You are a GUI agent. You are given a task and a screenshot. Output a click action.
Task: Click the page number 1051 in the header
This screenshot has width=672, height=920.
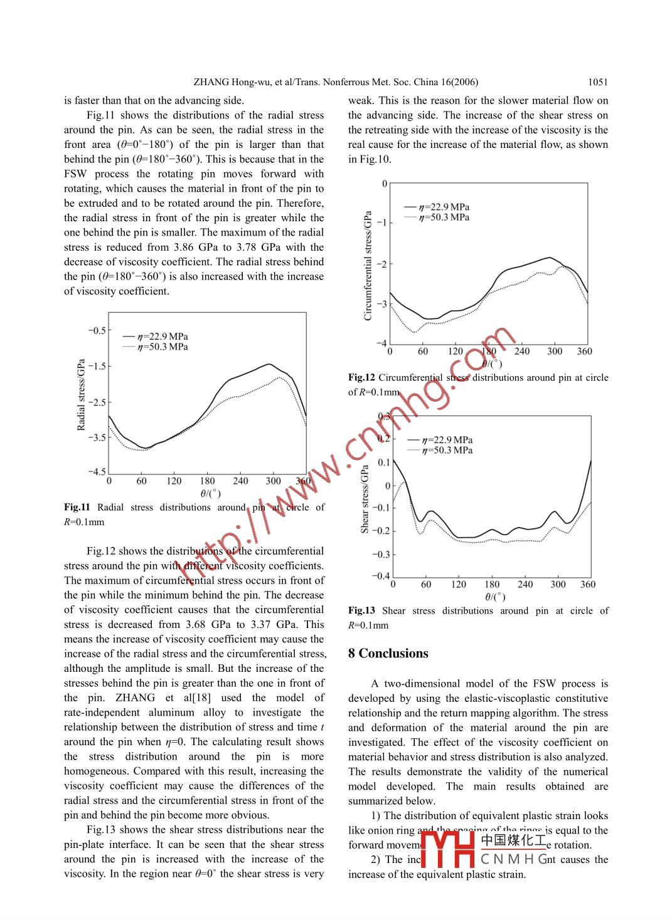pos(597,82)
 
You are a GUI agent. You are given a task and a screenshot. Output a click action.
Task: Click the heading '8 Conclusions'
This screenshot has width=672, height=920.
pos(388,654)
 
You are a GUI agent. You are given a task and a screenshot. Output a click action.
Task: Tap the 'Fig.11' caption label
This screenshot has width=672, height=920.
pos(77,507)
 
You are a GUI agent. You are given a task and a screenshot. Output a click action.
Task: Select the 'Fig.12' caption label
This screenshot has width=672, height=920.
pos(361,377)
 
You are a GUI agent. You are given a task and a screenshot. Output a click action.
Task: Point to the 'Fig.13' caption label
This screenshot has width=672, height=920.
pos(361,610)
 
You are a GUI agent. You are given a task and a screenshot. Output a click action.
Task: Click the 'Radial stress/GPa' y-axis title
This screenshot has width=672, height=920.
pos(81,395)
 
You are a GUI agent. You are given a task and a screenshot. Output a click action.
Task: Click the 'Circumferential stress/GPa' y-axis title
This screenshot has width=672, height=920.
pos(368,266)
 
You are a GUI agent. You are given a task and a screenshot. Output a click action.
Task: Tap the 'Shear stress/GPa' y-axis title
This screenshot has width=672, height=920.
pos(365,499)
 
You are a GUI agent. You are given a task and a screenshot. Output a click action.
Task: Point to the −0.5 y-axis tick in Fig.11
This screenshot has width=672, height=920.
pos(97,330)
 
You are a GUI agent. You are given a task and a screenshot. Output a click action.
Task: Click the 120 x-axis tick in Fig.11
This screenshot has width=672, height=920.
pos(174,481)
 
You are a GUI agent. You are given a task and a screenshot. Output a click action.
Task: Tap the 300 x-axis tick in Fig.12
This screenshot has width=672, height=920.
pos(555,352)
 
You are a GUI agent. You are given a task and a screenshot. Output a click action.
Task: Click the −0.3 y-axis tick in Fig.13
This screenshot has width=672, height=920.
pos(381,554)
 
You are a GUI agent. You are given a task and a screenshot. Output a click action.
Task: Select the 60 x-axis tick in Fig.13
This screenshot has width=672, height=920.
pos(426,585)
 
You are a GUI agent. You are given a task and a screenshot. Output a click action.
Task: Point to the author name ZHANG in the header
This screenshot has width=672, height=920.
pos(213,82)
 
